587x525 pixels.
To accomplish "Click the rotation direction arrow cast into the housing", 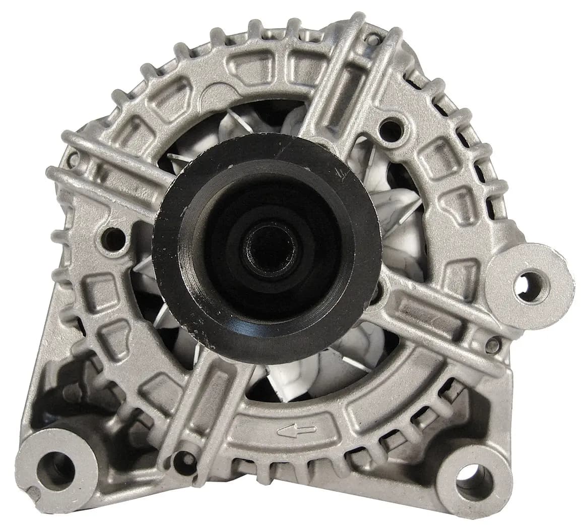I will click(x=297, y=430).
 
